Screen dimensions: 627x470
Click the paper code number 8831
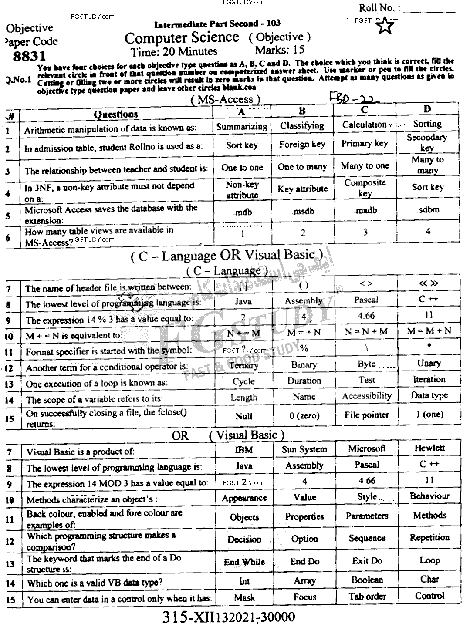pos(29,57)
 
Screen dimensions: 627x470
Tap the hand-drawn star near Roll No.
pos(385,27)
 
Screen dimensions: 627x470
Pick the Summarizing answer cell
pos(242,127)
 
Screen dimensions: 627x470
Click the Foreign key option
pos(302,145)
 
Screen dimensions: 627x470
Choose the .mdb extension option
pos(243,212)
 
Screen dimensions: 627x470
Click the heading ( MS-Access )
pos(225,99)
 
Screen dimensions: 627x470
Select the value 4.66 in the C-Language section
pos(366,315)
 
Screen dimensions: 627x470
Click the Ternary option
pos(243,365)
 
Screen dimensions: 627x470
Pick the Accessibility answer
pos(366,396)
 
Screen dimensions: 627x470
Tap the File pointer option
pos(366,415)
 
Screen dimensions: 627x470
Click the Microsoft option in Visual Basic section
pos(367,448)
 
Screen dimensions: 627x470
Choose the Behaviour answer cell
pos(429,496)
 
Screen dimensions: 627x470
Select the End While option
pos(244,562)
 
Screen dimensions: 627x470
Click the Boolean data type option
pos(367,580)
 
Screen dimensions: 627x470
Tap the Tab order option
pos(367,597)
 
